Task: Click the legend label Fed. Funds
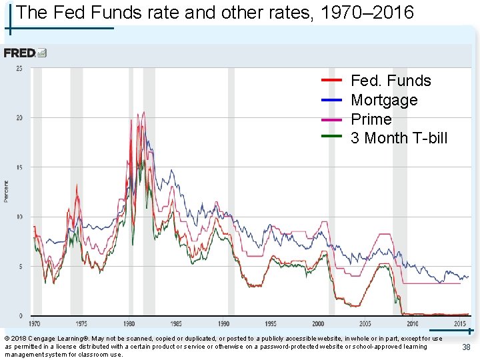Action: click(391, 81)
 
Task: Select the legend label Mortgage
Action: click(384, 100)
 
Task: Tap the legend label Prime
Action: click(371, 119)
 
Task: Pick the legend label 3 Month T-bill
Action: click(399, 138)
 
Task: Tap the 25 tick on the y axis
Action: click(19, 69)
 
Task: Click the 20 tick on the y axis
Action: click(19, 118)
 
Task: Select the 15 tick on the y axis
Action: click(19, 167)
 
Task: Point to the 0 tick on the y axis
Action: click(21, 315)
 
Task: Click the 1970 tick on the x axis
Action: click(34, 323)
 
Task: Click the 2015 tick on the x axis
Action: click(459, 323)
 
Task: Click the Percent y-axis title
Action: click(7, 191)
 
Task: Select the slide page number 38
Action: click(466, 347)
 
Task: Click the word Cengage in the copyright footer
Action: click(41, 339)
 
